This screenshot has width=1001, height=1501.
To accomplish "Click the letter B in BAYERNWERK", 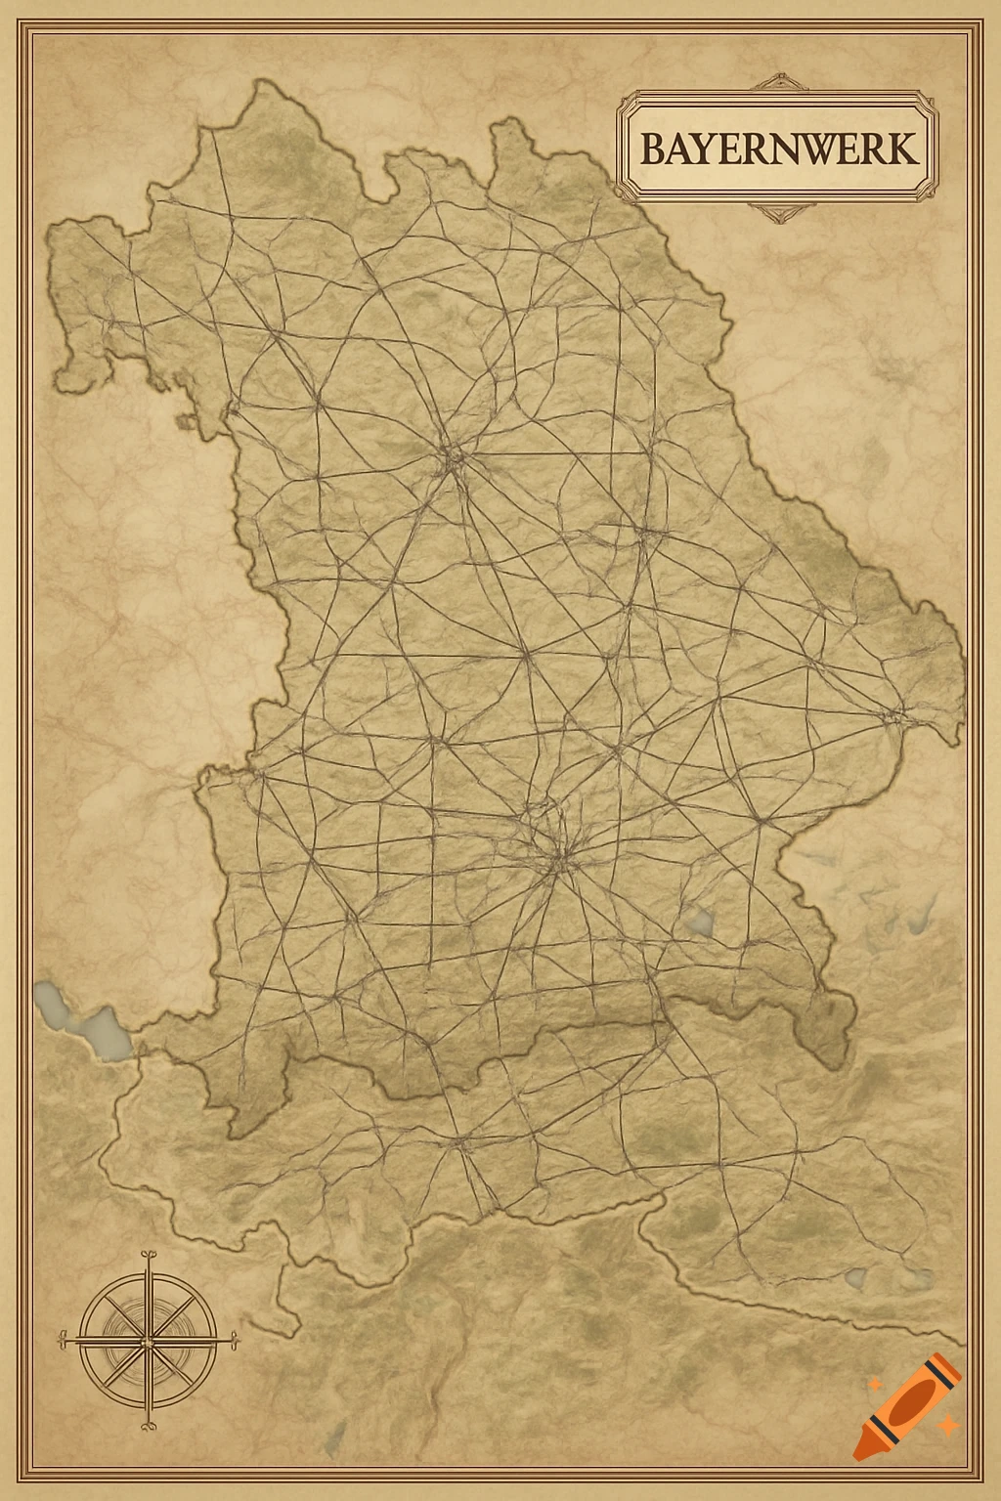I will pos(653,150).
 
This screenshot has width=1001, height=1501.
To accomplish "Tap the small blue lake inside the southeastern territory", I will pos(701,921).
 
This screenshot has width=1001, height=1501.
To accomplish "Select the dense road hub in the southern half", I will pos(557,856).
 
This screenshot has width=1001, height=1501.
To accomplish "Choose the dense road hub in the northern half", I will pos(453,455).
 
